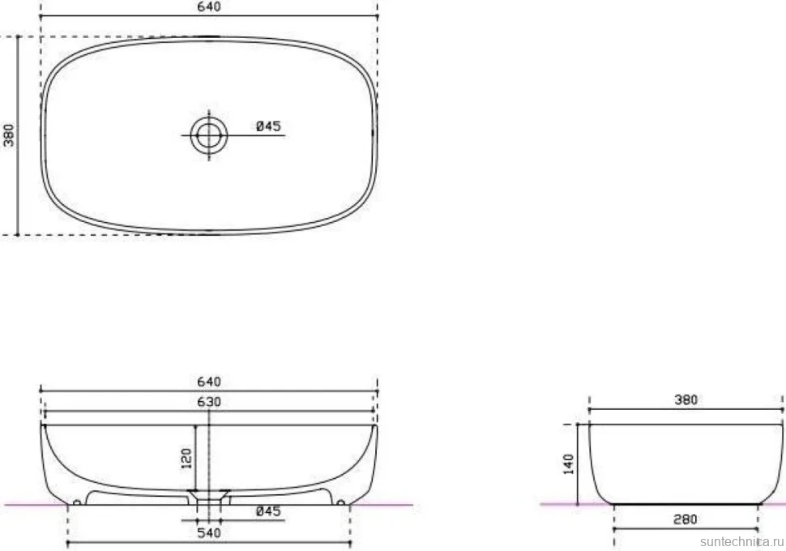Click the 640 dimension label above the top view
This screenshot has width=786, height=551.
[x=209, y=7]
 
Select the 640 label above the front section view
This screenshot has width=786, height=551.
[x=209, y=382]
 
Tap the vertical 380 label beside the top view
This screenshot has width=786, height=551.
[x=9, y=135]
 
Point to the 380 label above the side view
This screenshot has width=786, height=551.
[x=686, y=400]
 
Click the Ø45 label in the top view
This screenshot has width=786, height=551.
[x=269, y=126]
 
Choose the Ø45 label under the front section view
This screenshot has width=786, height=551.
[x=269, y=511]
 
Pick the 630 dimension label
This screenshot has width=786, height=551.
[x=209, y=402]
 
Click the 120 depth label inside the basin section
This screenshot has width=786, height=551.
[x=186, y=459]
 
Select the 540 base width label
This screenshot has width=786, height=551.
[x=209, y=532]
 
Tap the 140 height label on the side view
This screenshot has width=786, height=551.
[x=569, y=463]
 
